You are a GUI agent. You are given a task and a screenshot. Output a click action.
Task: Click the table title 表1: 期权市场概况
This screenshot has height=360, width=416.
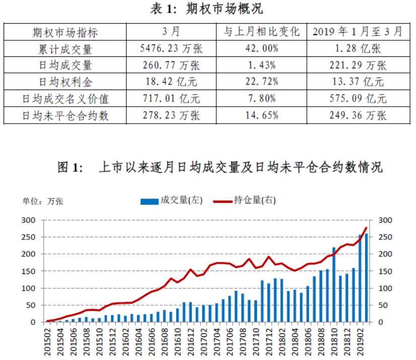tap(207, 9)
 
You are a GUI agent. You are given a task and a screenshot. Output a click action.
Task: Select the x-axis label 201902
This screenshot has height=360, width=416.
tap(360, 340)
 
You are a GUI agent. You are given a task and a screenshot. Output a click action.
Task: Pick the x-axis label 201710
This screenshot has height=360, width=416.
tap(256, 340)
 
